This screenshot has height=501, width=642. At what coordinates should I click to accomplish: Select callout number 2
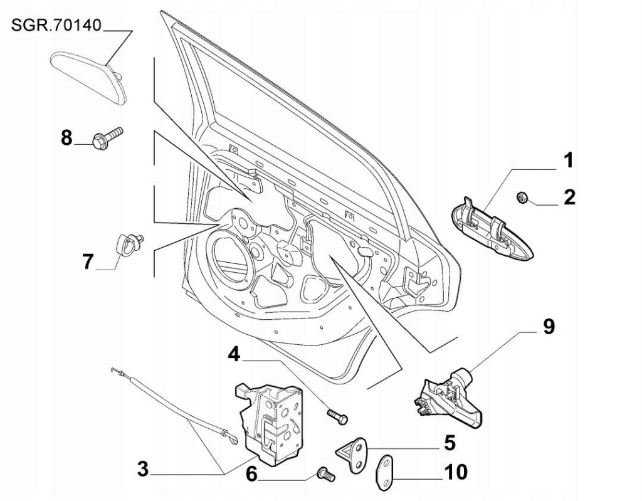[569, 198]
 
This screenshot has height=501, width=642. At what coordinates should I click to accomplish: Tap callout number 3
[143, 469]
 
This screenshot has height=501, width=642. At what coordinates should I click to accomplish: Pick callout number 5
[449, 443]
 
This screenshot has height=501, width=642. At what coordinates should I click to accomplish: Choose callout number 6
[251, 474]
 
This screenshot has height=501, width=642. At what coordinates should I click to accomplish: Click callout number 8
[66, 137]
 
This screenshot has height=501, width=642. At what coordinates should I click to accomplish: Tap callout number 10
[457, 471]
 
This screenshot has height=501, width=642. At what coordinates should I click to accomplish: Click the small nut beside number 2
[520, 198]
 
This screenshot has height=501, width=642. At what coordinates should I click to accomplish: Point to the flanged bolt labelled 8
[107, 139]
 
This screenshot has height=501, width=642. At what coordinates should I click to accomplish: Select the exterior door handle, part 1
[492, 231]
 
